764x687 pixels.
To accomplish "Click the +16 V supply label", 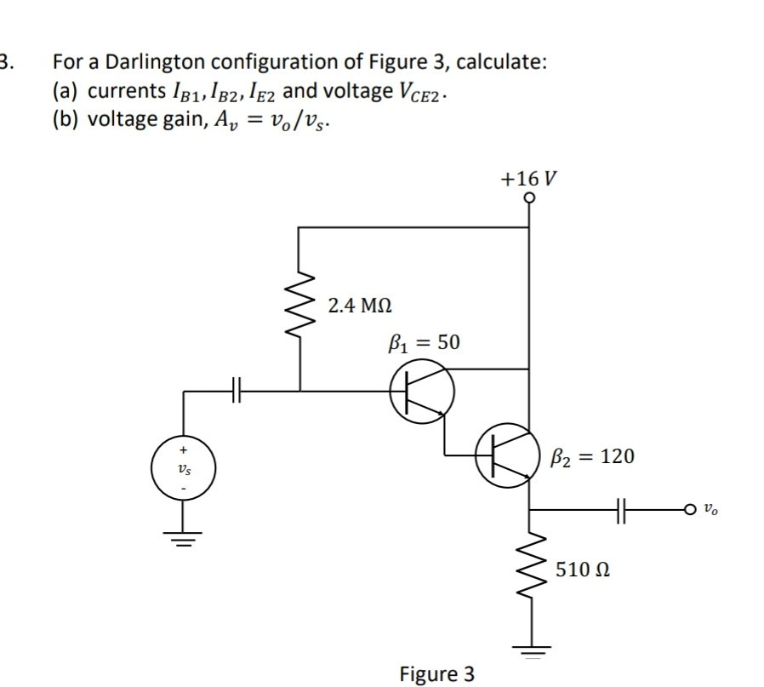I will [x=529, y=179].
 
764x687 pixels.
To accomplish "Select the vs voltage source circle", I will [x=184, y=467].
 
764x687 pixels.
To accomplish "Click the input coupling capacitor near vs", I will [x=238, y=392].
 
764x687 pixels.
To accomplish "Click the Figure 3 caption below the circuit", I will [x=436, y=674].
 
